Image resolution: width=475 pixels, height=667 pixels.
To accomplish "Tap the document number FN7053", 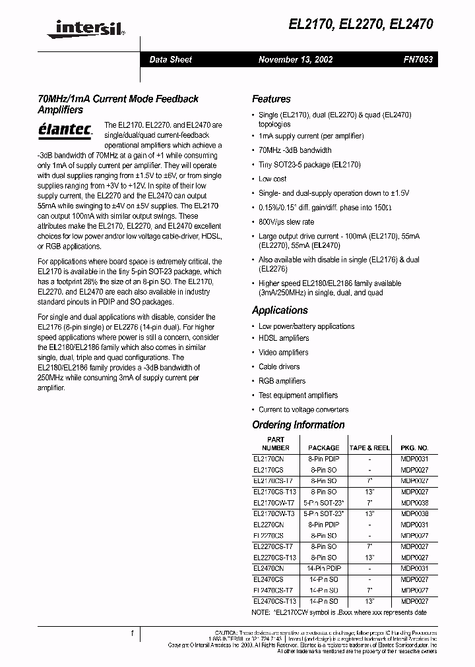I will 418,59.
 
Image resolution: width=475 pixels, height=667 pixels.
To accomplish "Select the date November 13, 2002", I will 295,59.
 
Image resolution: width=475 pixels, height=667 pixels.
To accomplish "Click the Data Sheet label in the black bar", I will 170,59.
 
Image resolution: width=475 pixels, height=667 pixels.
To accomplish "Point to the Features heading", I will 271,99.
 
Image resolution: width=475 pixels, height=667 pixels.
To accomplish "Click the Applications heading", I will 280,310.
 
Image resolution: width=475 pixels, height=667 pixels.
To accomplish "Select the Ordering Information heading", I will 298,425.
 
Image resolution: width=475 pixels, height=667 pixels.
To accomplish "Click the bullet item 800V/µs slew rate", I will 286,222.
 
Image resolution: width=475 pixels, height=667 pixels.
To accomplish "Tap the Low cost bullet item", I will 272,179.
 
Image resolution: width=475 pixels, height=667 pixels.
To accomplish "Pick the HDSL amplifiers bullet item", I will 284,338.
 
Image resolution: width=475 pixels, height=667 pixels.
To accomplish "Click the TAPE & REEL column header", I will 369,448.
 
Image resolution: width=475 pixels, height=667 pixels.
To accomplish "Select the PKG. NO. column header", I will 414,448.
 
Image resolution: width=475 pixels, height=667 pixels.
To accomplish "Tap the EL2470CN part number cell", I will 269,568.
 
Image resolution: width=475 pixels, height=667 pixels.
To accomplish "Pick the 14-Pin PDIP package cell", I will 324,568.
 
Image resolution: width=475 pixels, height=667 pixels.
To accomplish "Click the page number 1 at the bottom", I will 132,633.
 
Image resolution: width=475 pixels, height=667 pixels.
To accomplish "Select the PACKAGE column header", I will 324,448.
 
